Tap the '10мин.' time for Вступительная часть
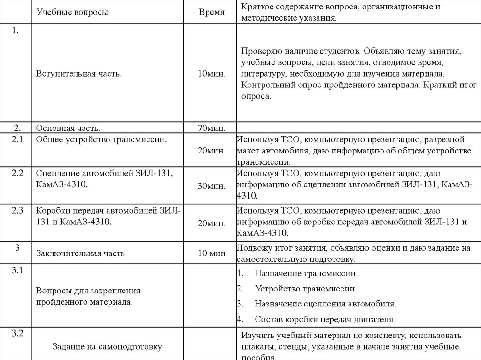[x=211, y=74]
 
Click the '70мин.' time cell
[x=211, y=128]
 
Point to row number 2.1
[x=17, y=139]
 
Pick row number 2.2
[x=17, y=173]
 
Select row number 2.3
[x=17, y=210]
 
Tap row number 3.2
[x=17, y=334]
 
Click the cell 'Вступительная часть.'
[x=79, y=74]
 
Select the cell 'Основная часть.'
[x=68, y=128]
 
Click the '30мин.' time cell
[x=211, y=186]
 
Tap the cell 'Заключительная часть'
[x=80, y=253]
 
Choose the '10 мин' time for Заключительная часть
[x=211, y=253]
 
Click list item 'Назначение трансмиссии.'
[x=306, y=273]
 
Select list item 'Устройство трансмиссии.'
[x=305, y=289]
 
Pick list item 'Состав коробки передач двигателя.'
[x=325, y=319]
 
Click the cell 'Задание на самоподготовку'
[x=107, y=347]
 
